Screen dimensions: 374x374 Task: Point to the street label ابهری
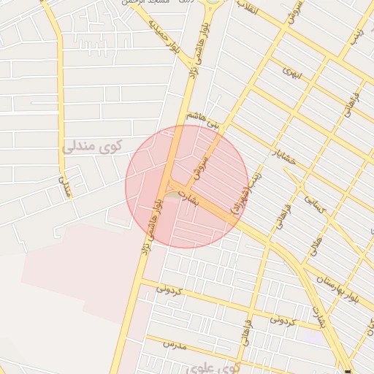tap(291, 73)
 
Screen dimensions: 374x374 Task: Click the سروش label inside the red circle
tap(201, 167)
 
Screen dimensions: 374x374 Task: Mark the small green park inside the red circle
tap(171, 195)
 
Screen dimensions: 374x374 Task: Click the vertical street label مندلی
tap(64, 186)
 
